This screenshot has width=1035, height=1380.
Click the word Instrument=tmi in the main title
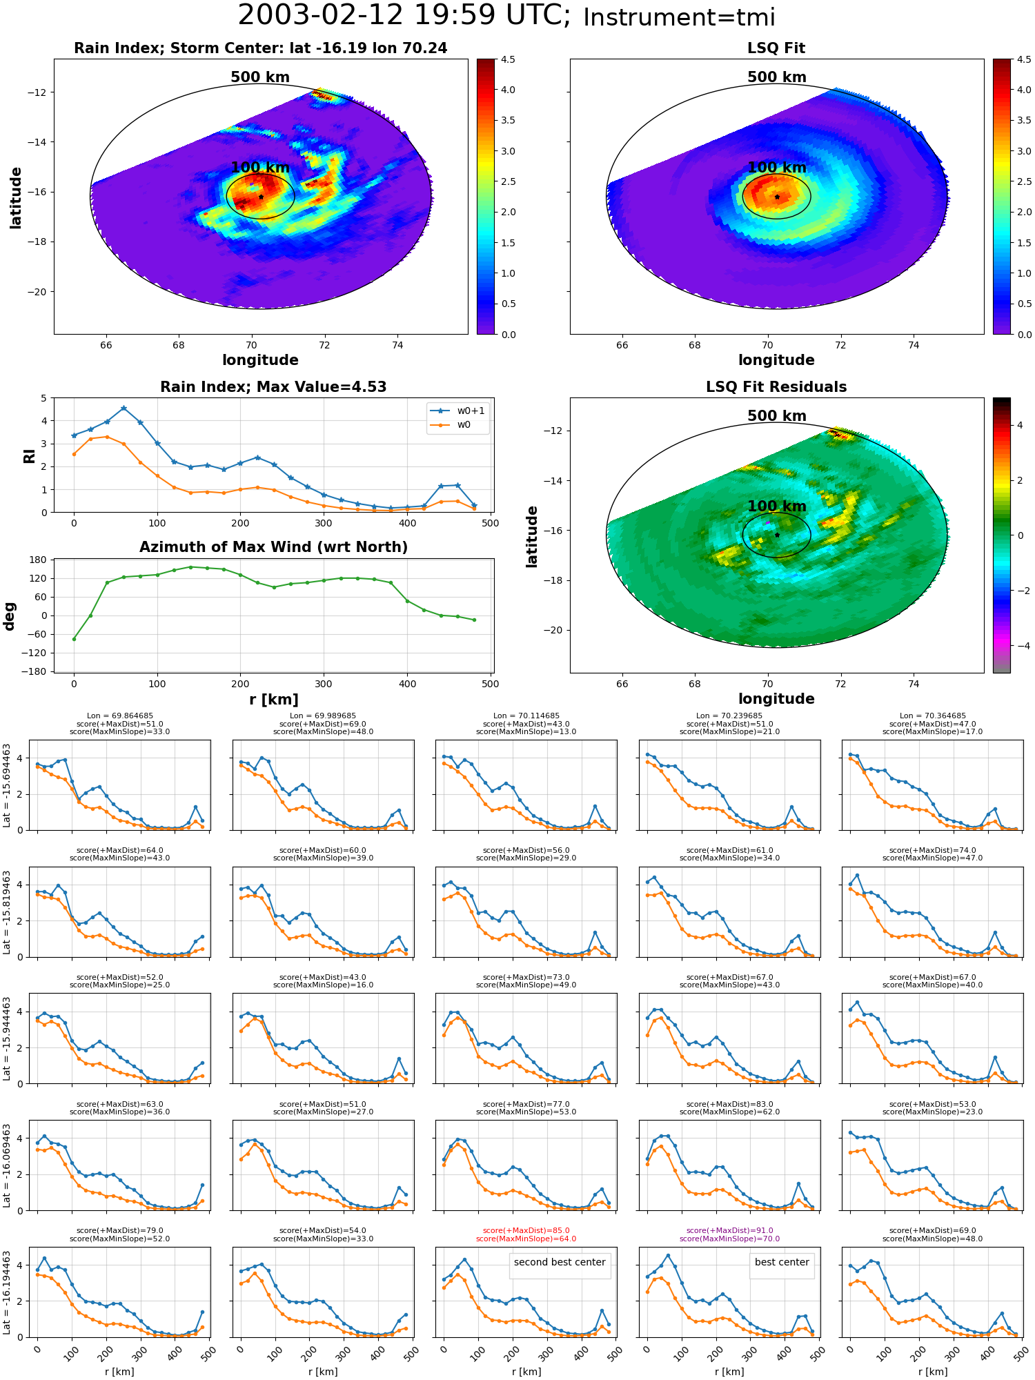click(x=679, y=17)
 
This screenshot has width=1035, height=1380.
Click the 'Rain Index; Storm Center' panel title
click(x=260, y=48)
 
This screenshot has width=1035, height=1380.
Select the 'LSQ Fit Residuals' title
click(x=776, y=387)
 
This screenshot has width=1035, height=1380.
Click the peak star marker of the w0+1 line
click(x=124, y=408)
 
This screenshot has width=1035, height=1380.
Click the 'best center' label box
click(x=782, y=1262)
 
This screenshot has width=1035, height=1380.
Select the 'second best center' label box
click(x=560, y=1262)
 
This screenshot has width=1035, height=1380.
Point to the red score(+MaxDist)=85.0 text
click(x=526, y=1231)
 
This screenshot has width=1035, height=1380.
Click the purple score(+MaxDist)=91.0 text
click(x=729, y=1231)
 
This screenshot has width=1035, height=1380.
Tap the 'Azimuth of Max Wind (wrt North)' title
click(x=273, y=547)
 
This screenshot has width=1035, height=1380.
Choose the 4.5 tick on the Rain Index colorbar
click(x=508, y=60)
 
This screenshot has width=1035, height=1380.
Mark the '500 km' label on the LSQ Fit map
click(x=777, y=77)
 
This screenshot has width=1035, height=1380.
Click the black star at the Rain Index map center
click(x=261, y=197)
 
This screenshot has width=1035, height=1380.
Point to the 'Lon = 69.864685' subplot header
click(x=120, y=716)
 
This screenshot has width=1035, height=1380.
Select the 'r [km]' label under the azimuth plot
click(x=273, y=700)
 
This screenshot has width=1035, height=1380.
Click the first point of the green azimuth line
click(x=74, y=639)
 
